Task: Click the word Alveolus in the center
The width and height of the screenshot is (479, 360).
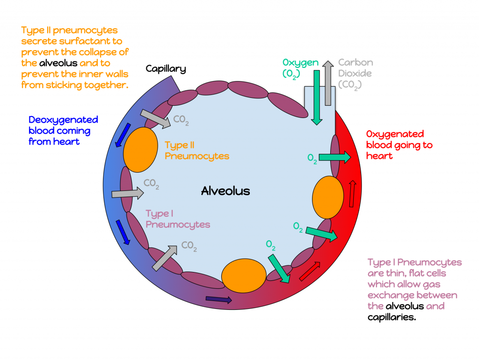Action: click(225, 191)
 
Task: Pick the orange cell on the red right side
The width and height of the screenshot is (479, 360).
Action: click(327, 197)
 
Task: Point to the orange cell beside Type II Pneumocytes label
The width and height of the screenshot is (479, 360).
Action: click(140, 150)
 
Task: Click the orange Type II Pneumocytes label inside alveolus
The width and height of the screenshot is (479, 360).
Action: click(197, 151)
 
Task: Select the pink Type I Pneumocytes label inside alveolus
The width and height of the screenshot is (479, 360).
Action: click(178, 219)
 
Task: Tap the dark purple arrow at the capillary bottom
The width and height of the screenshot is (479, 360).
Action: click(218, 299)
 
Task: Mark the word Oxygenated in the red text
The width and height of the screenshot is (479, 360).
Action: click(395, 134)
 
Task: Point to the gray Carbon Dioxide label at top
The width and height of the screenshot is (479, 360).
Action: click(355, 73)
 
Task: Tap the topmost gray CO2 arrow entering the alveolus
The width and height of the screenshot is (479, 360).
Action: click(155, 119)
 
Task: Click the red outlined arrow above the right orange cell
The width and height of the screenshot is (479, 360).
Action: click(352, 194)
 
